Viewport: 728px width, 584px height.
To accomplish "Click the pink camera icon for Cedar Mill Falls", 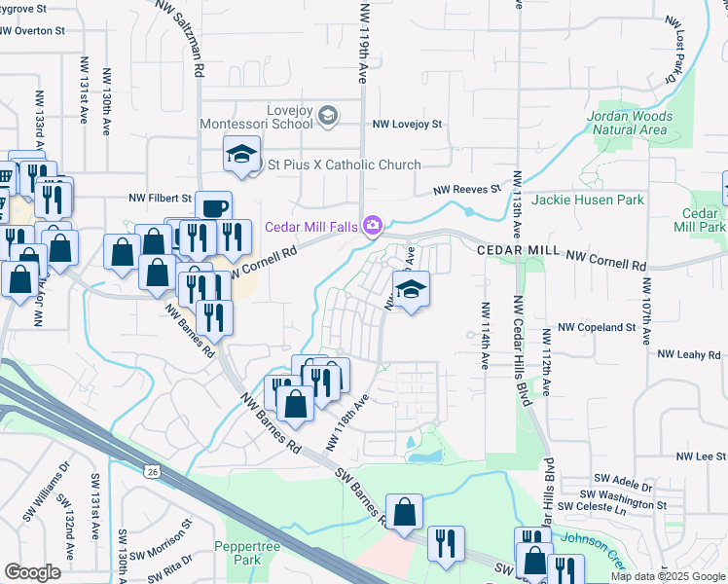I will point(371,226).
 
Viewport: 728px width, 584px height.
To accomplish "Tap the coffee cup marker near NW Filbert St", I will point(213,207).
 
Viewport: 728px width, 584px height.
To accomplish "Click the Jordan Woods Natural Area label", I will point(628,123).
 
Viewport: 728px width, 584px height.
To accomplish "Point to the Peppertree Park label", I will point(239,553).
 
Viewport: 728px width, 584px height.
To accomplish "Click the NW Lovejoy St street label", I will point(408,125).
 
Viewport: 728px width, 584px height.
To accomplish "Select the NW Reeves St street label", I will point(466,190).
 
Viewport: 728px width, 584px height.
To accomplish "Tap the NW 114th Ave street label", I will point(484,334).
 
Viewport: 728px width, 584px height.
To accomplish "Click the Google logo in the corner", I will point(32,572).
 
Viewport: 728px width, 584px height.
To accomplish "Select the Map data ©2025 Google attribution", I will point(668,576).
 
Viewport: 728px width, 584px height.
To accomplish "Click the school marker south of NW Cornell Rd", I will point(411,289).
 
